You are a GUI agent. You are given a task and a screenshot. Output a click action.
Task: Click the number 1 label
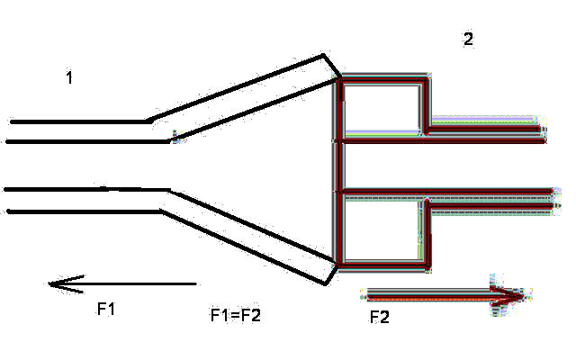69,77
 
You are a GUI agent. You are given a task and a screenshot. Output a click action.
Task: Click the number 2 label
468,39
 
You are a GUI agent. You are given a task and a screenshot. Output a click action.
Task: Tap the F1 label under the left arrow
106,309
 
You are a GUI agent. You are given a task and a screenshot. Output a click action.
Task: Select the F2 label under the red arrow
379,317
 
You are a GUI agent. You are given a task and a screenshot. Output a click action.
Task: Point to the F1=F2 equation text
236,315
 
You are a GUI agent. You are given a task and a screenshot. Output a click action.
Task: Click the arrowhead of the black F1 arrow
49,283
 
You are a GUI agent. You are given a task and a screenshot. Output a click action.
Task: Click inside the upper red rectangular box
381,108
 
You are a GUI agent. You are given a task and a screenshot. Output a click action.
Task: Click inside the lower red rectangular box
381,230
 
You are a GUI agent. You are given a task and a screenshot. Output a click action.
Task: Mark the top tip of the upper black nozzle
323,55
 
